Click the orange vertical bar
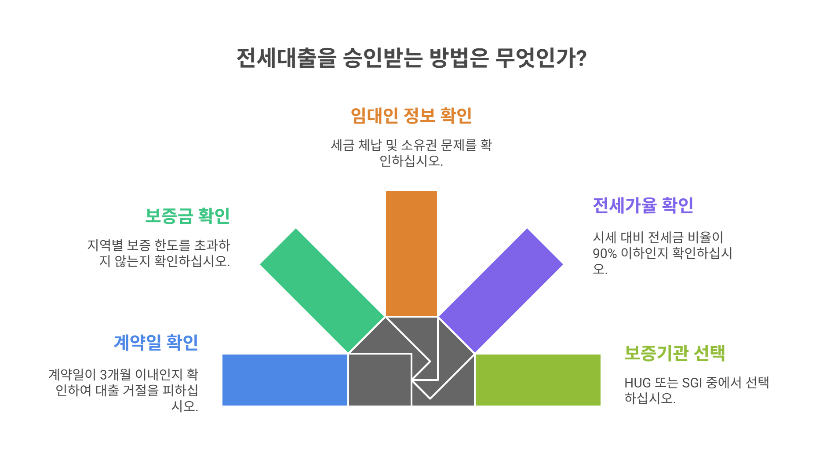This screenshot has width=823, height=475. coord(411,253)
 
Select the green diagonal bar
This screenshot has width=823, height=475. coord(322,290)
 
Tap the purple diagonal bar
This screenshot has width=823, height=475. coord(501,290)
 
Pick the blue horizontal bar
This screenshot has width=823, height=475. coord(284,380)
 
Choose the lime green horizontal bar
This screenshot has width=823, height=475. coord(538,380)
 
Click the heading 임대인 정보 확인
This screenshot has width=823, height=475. coord(411,116)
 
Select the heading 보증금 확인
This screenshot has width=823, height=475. coord(188,216)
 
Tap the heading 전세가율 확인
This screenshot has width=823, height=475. coord(643,205)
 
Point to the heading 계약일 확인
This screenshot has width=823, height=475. coord(156,343)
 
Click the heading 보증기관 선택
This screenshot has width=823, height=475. coord(674,353)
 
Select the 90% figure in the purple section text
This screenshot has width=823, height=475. coord(605,254)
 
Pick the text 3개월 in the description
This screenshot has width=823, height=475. coord(116,375)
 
